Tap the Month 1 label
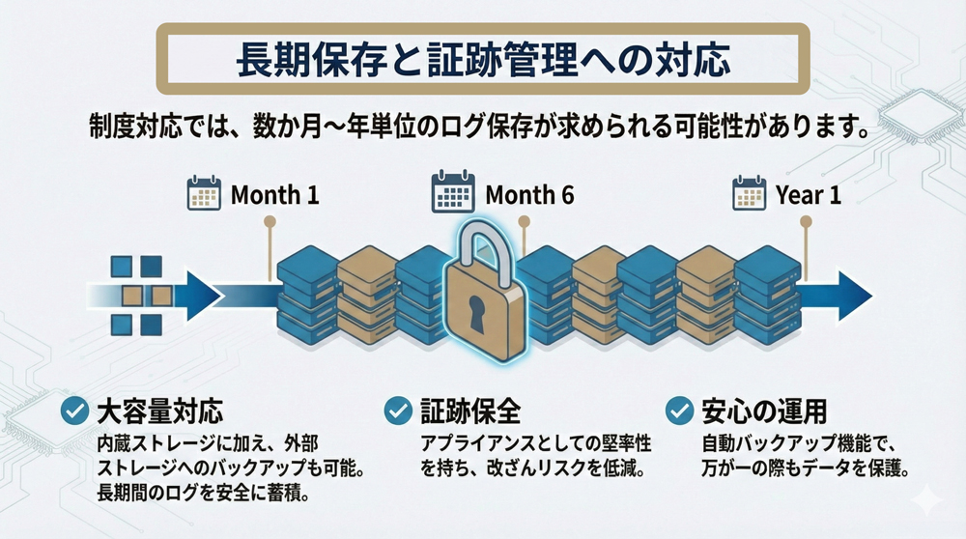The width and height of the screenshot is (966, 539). point(274,195)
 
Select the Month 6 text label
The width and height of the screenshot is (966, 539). point(529,195)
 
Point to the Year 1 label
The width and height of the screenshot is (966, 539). point(809,195)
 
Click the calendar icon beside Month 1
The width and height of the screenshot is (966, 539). point(204,193)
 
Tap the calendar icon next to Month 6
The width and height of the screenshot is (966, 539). point(452,193)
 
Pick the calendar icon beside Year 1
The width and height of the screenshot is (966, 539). point(749,193)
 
